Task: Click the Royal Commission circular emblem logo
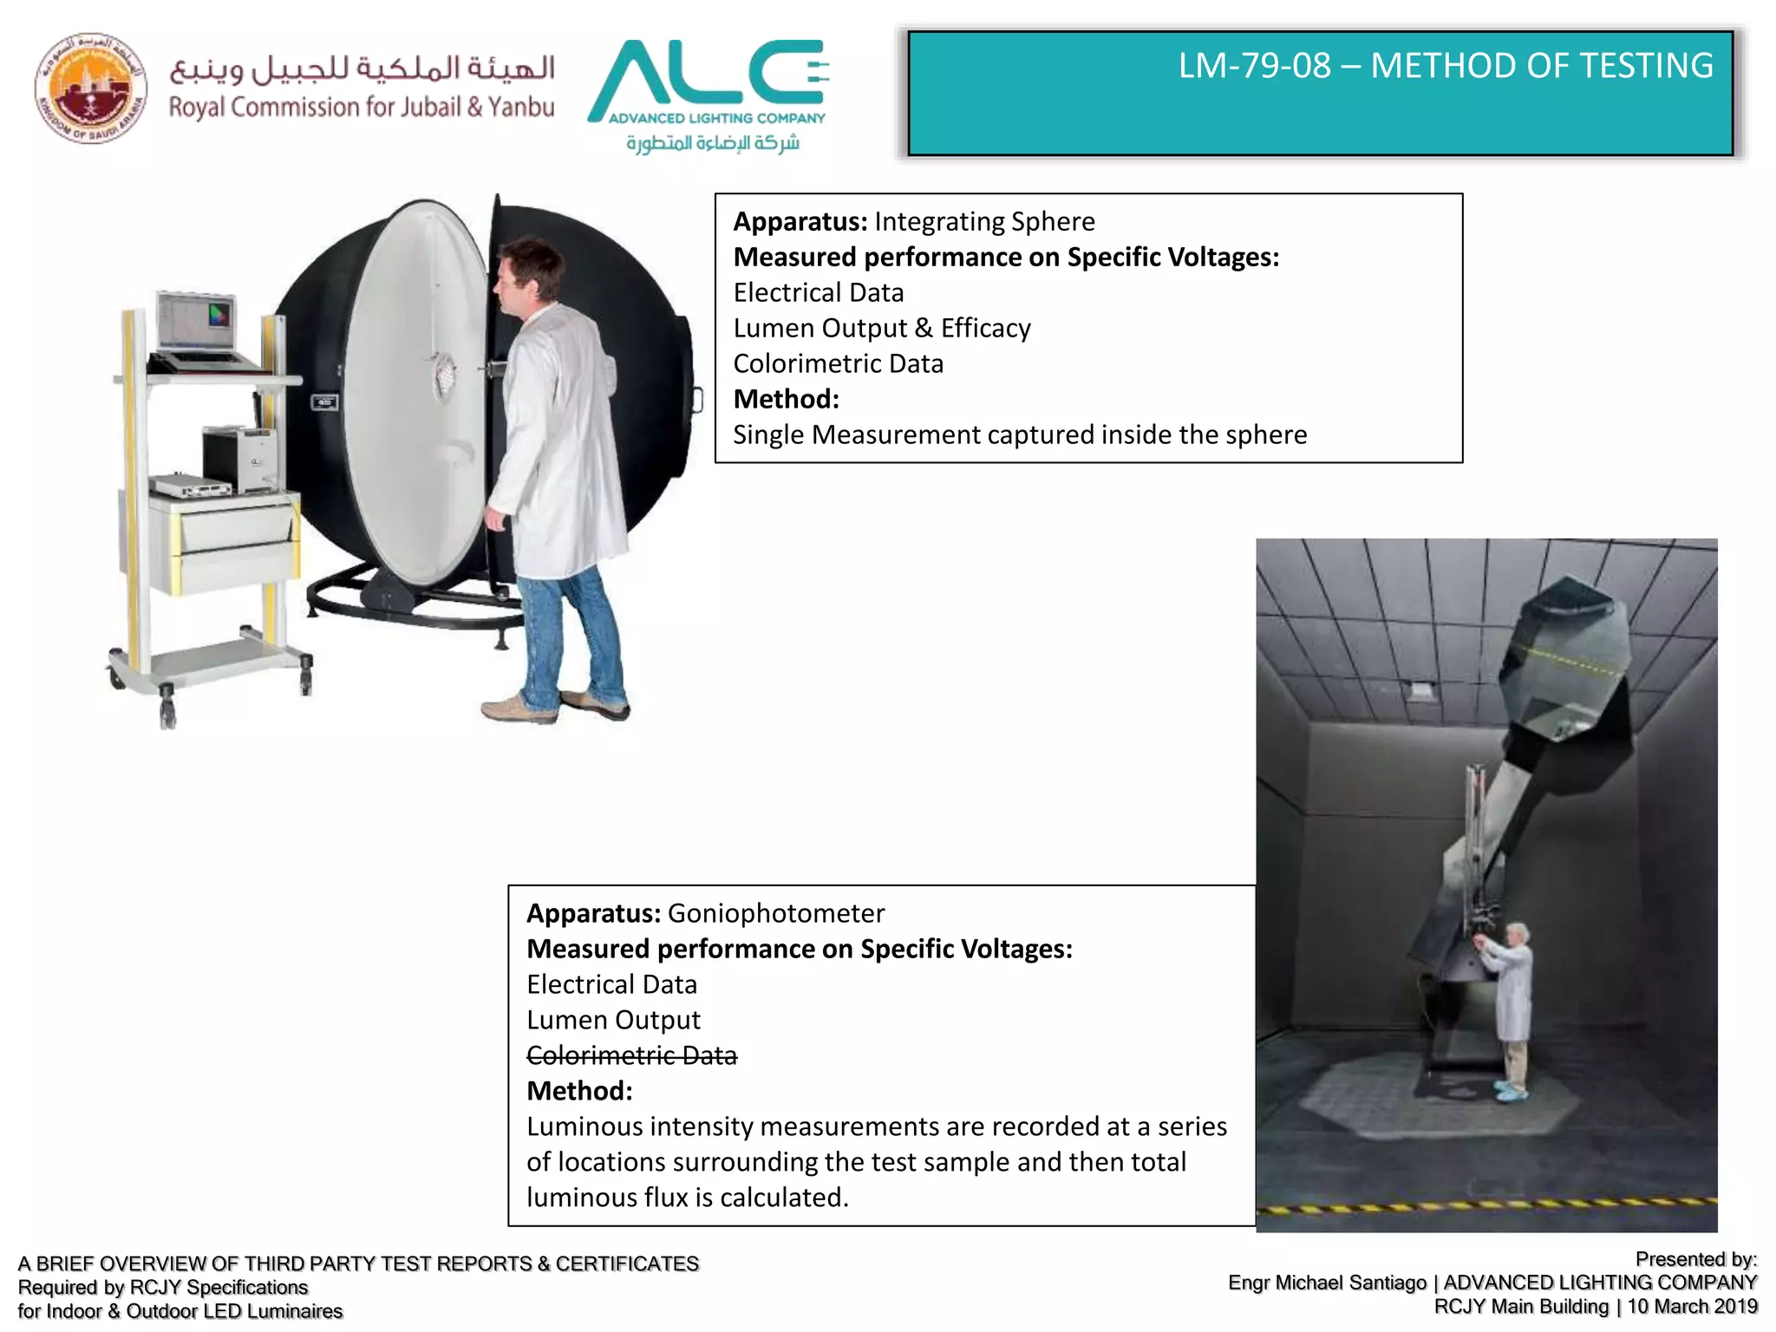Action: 90,88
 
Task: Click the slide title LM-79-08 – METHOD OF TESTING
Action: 1445,66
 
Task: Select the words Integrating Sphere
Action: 983,222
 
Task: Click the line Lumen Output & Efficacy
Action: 881,329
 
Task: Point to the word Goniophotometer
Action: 775,914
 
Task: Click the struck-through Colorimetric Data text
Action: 631,1055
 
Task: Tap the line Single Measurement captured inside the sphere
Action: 1019,434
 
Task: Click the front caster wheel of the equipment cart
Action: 167,713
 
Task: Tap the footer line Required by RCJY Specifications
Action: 163,1288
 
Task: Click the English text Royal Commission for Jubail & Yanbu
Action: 361,108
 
